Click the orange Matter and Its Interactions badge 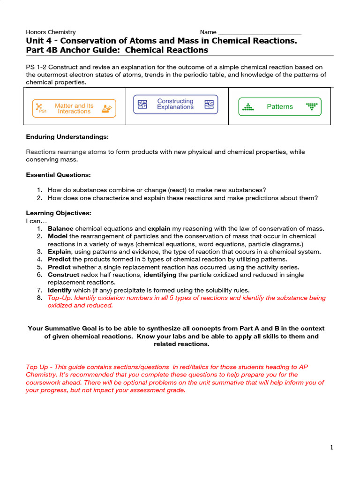[74, 108]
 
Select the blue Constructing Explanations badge [175, 104]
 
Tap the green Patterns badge [280, 106]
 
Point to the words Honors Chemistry [51, 32]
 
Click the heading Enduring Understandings [67, 137]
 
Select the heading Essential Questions [58, 175]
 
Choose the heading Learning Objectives [58, 213]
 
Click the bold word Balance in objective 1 [60, 229]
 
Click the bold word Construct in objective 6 [63, 275]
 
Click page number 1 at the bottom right [331, 448]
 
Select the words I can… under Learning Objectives [37, 221]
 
